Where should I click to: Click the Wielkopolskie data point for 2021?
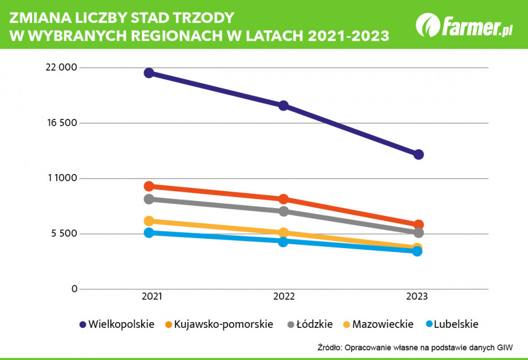149,73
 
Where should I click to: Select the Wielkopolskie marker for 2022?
284,106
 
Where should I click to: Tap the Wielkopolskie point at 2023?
418,154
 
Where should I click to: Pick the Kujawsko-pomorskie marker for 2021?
149,186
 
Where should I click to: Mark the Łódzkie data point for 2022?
284,211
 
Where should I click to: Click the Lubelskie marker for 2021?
149,233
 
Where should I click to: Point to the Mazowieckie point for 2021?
149,221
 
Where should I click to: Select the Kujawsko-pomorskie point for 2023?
418,224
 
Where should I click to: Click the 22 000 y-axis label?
61,68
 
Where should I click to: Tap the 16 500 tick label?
61,123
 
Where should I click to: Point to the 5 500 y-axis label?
63,234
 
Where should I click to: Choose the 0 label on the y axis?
73,289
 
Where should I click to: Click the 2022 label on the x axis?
284,297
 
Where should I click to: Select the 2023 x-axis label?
417,297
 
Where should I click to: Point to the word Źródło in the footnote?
329,347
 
